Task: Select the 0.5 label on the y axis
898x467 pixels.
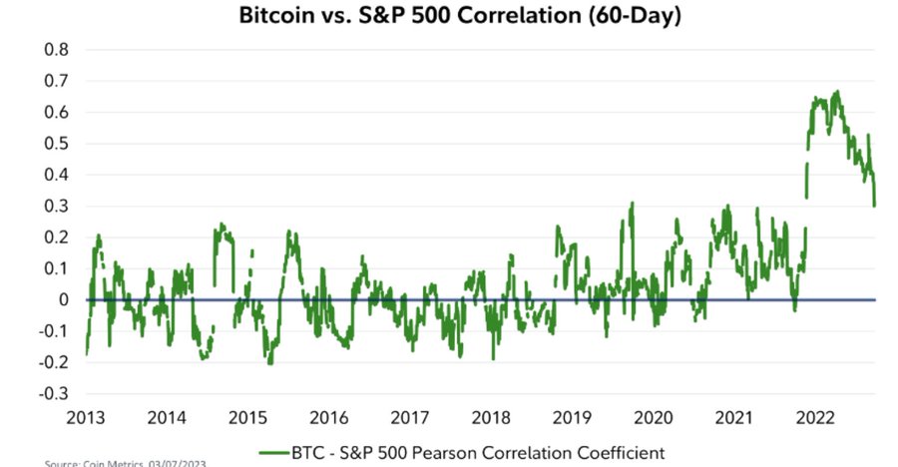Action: coord(57,143)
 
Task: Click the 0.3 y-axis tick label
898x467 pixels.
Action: coord(57,206)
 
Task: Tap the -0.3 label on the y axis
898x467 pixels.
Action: coord(54,393)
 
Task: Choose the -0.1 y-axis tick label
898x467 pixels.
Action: coord(54,331)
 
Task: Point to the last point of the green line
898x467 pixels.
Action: coord(875,206)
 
